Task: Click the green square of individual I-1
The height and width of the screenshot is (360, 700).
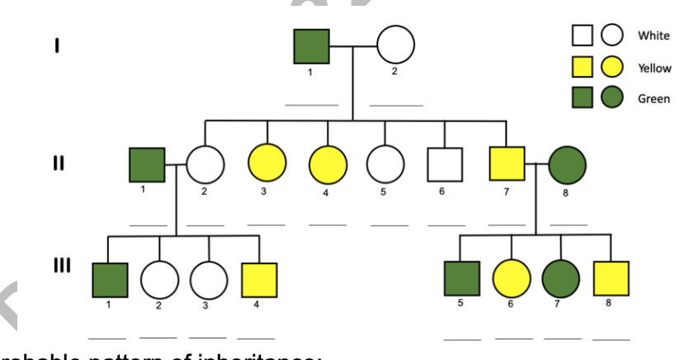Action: point(311,46)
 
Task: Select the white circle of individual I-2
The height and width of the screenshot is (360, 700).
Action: point(395,45)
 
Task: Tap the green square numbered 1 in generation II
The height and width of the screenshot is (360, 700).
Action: point(147,165)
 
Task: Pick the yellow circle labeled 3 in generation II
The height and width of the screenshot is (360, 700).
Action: point(267,164)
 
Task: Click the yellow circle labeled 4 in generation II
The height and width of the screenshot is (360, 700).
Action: point(328,164)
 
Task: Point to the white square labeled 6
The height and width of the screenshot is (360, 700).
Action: point(444,165)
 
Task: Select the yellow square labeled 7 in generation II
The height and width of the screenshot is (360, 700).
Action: point(506,164)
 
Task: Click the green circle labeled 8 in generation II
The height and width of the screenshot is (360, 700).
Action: point(567,165)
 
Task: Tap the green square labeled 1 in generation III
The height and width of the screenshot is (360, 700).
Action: point(110,280)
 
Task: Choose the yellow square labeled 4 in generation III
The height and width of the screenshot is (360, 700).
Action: point(259,280)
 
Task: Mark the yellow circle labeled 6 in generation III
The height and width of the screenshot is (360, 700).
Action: point(512,280)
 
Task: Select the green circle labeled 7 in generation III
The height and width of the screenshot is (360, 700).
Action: point(561,280)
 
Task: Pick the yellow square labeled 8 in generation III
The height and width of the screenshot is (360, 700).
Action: point(611,279)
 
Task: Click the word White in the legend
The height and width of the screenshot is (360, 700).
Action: point(653,36)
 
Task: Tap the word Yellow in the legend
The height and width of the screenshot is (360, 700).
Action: point(655,68)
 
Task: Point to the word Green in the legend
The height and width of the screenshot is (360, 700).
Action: point(654,99)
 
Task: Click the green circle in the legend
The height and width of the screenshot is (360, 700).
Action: point(612,98)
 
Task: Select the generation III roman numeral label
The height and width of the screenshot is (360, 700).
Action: point(60,266)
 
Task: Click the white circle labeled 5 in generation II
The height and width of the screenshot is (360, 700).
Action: point(384,164)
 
